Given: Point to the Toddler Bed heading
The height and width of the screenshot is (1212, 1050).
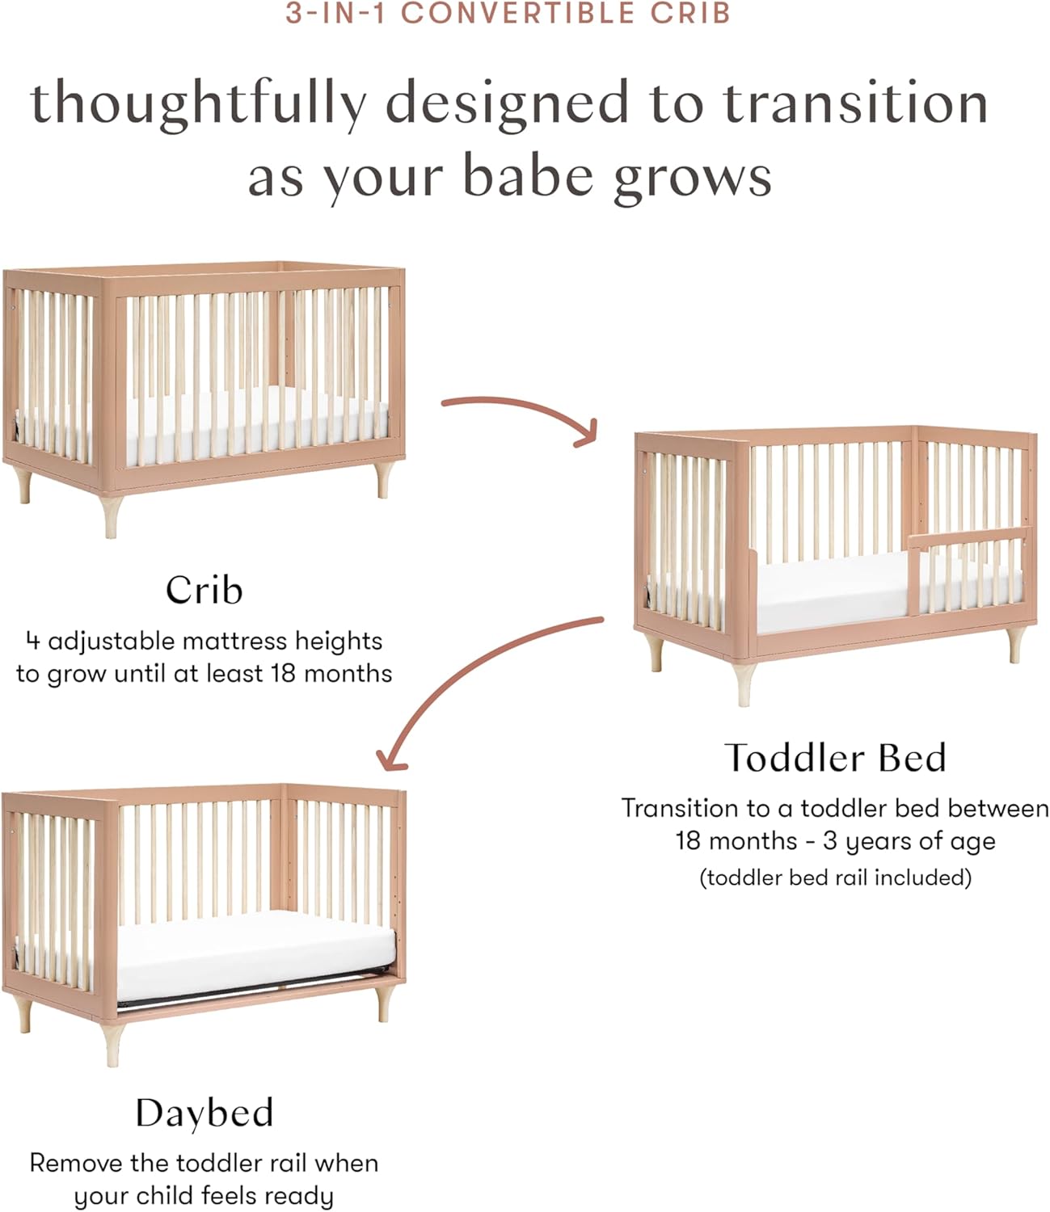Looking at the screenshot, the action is click(x=835, y=757).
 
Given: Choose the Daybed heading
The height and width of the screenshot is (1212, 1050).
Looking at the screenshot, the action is click(x=205, y=1113).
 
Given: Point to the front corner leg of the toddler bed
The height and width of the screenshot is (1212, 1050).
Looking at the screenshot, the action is click(x=744, y=684).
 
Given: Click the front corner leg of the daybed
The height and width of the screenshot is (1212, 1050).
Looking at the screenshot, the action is click(x=112, y=1044).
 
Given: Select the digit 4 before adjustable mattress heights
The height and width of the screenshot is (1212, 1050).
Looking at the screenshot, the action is click(x=33, y=642).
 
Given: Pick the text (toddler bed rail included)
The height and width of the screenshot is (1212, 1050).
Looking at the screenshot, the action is click(x=835, y=877).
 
